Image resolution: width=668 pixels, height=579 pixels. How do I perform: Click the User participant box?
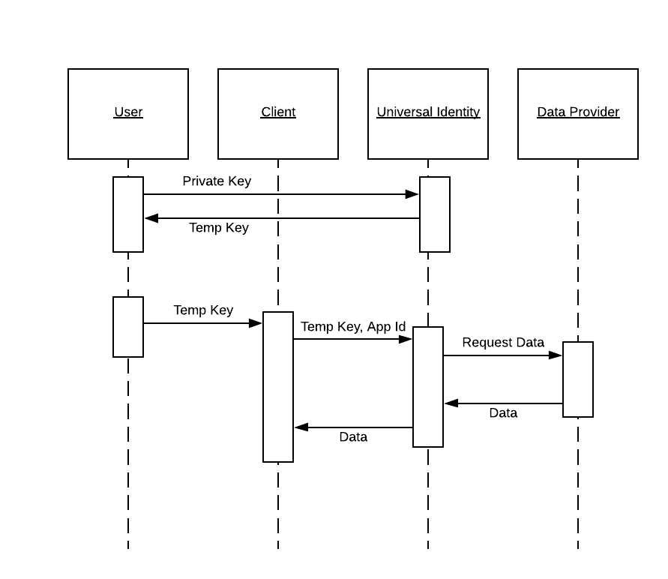click(128, 114)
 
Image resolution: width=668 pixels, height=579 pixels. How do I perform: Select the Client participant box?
click(278, 114)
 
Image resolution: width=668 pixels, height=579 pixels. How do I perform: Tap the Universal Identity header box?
click(428, 114)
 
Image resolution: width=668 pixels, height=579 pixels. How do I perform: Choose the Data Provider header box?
click(578, 114)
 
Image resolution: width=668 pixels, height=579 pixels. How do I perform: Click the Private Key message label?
click(217, 181)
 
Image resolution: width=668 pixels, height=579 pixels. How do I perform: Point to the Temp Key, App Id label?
click(353, 326)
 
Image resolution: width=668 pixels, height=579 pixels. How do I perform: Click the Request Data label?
click(503, 342)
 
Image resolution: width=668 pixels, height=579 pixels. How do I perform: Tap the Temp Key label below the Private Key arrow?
click(219, 227)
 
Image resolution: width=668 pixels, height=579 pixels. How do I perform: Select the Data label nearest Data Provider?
click(503, 412)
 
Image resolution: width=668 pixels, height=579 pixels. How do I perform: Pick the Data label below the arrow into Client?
click(353, 436)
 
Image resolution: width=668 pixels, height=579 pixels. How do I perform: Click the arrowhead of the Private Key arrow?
click(412, 194)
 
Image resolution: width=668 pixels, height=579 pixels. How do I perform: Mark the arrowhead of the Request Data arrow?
click(556, 355)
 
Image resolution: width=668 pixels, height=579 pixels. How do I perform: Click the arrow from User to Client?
click(202, 323)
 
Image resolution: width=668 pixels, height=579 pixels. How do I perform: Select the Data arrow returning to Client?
click(353, 427)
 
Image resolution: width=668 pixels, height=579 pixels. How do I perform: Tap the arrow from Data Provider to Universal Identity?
click(503, 403)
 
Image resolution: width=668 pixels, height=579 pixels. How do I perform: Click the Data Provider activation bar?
click(578, 379)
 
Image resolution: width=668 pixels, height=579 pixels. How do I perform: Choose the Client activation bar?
click(278, 387)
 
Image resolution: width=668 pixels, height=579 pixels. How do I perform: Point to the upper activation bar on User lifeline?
click(128, 214)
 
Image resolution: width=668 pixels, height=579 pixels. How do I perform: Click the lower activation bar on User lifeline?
click(128, 327)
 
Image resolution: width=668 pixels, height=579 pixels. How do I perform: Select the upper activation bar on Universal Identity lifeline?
click(435, 214)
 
